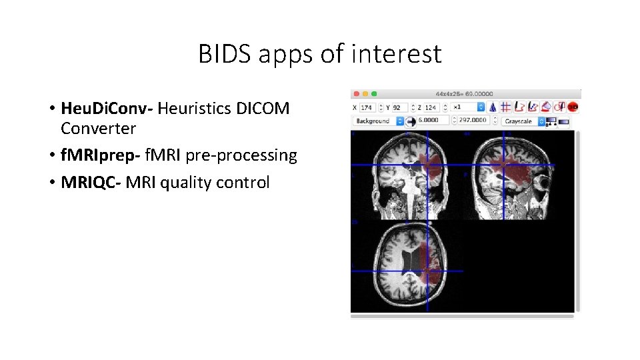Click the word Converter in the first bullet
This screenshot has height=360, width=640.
point(98,128)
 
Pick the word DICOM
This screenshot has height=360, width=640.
point(263,108)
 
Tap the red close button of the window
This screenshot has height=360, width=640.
point(356,94)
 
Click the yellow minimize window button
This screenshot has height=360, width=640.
point(365,94)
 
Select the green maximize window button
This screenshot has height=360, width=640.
point(373,94)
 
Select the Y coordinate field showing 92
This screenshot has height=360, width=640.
point(398,107)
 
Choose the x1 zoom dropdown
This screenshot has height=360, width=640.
point(467,107)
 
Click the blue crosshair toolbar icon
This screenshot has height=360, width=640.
point(505,107)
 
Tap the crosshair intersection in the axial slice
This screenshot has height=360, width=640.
point(427,270)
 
